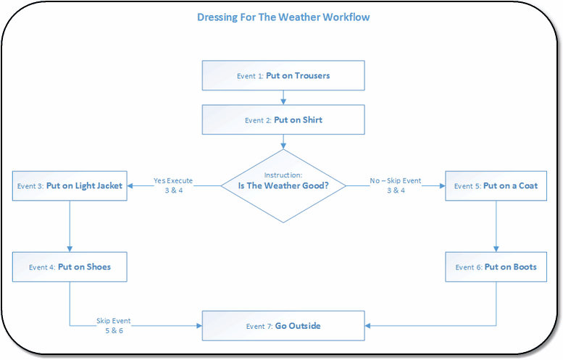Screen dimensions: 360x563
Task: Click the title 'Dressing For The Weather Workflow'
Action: pyautogui.click(x=283, y=17)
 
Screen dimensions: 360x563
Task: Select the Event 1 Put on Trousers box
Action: pyautogui.click(x=283, y=75)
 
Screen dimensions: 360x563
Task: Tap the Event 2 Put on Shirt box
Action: pyautogui.click(x=283, y=120)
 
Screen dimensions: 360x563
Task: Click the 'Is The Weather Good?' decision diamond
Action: pyautogui.click(x=283, y=185)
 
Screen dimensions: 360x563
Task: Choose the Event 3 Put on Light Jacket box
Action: pyautogui.click(x=70, y=185)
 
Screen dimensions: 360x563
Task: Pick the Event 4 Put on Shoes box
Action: pyautogui.click(x=70, y=267)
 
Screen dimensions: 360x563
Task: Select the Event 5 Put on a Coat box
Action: pyautogui.click(x=496, y=185)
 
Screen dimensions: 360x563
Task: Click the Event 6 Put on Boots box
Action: pyautogui.click(x=496, y=267)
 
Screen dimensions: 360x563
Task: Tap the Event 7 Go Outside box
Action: pyautogui.click(x=283, y=326)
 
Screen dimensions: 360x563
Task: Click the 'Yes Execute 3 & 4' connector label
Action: pyautogui.click(x=172, y=185)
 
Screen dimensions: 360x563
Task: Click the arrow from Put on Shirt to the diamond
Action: pyautogui.click(x=283, y=142)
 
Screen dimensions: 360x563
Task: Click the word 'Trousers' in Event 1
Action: pyautogui.click(x=312, y=75)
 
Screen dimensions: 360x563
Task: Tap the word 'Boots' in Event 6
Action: pyautogui.click(x=524, y=267)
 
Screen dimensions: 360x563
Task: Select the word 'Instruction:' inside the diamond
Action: pyautogui.click(x=283, y=175)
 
